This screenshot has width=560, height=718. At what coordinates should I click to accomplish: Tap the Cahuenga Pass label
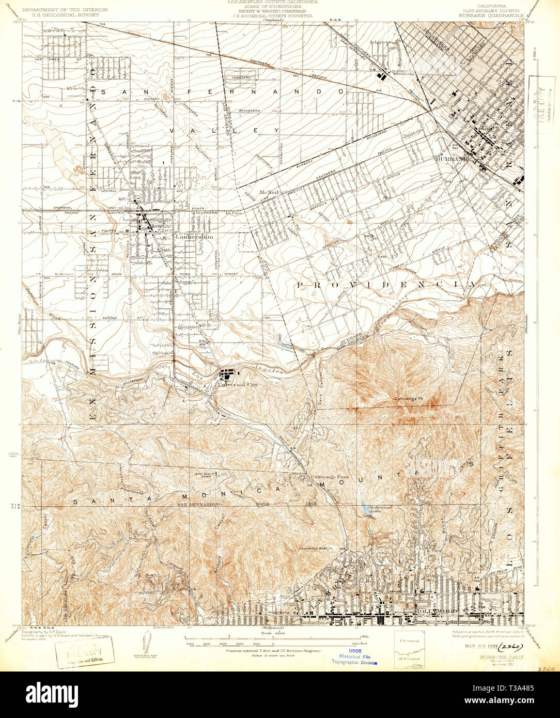coord(324,476)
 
